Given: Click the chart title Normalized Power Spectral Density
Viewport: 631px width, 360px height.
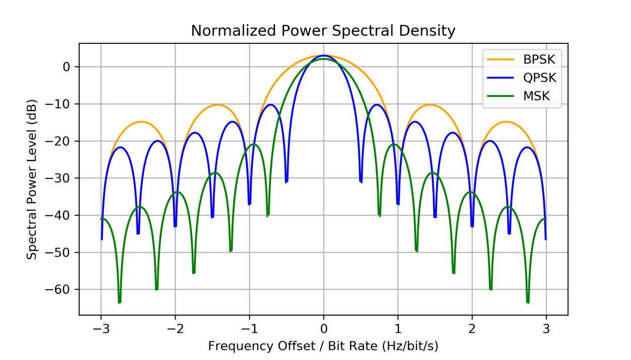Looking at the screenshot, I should [x=323, y=31].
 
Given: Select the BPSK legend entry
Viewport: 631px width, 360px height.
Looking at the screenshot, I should [x=539, y=59].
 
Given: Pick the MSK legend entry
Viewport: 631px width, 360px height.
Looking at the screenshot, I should [x=536, y=96].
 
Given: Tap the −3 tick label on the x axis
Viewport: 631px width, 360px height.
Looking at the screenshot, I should [x=101, y=330].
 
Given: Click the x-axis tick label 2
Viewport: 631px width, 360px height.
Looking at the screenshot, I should [x=472, y=330].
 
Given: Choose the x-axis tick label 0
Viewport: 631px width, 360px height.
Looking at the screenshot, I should [x=324, y=330].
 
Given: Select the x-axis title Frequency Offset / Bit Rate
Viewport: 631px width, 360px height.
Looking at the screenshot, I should [x=323, y=346].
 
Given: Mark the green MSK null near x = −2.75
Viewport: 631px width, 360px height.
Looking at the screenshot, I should [x=120, y=302].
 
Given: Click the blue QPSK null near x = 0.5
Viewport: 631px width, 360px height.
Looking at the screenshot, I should [x=361, y=181].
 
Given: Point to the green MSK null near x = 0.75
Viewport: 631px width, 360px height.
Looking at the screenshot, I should [x=379, y=215].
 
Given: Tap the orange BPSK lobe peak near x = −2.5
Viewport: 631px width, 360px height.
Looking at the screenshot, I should [x=141, y=122].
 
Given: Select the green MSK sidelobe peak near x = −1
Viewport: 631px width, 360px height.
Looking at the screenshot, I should [x=254, y=144].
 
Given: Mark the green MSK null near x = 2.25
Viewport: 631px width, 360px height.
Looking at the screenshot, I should [x=491, y=289].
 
